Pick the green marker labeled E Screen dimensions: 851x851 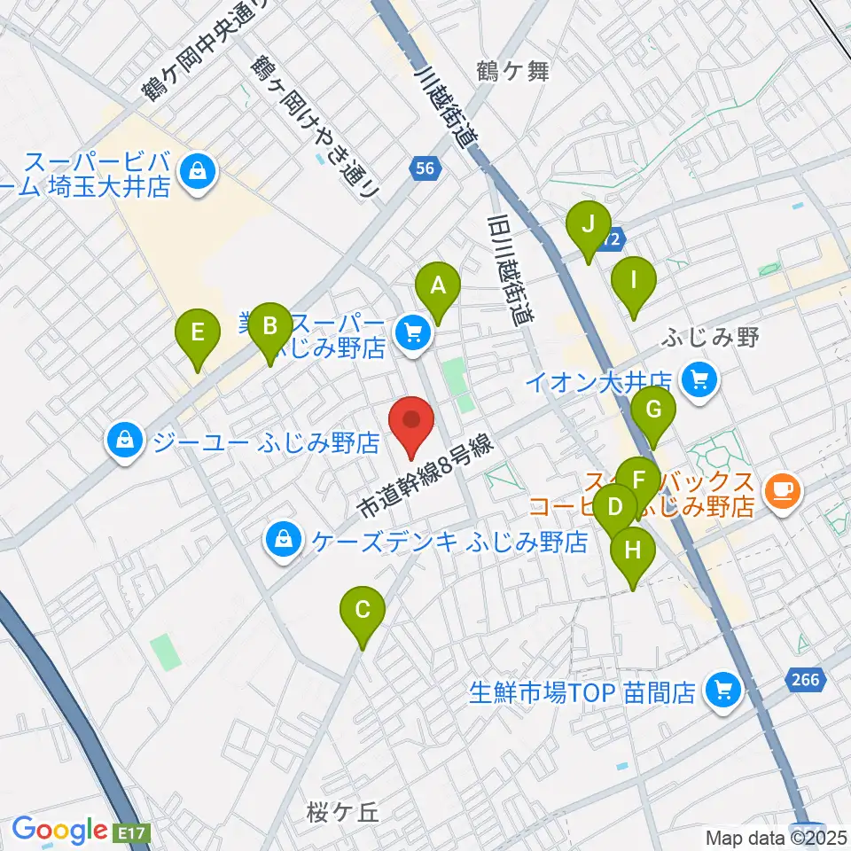point(198,333)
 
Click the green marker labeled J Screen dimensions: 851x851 point(588,225)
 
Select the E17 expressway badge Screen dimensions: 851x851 point(134,833)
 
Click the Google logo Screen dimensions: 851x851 point(59,831)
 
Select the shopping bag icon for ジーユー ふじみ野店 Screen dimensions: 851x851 point(125,440)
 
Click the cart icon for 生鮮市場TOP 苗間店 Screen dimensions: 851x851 point(722,691)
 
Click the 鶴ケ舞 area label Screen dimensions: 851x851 point(512,73)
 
